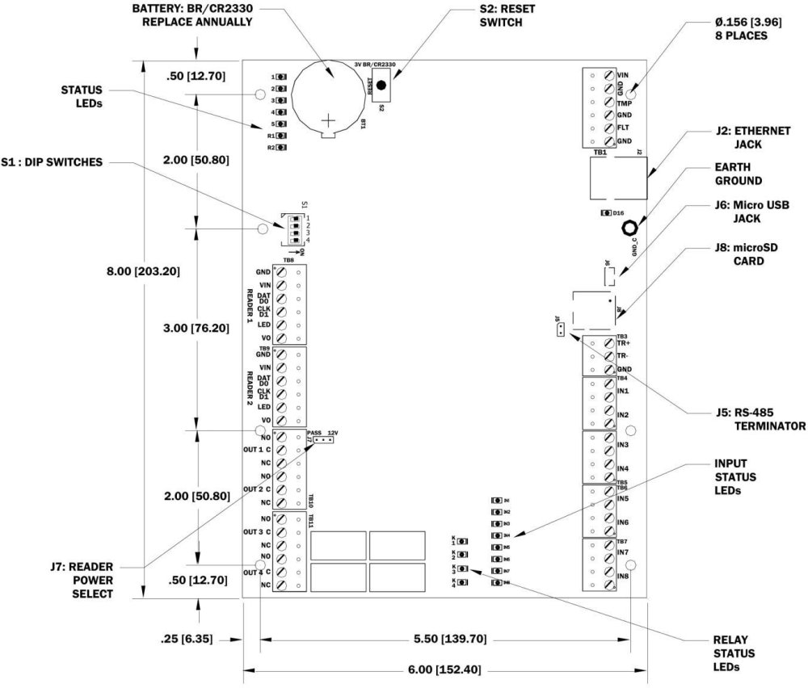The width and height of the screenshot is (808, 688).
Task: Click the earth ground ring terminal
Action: (x=628, y=229)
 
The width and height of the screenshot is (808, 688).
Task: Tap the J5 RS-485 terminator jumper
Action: (x=558, y=327)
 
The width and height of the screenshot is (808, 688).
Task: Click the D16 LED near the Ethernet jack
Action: (x=606, y=213)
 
